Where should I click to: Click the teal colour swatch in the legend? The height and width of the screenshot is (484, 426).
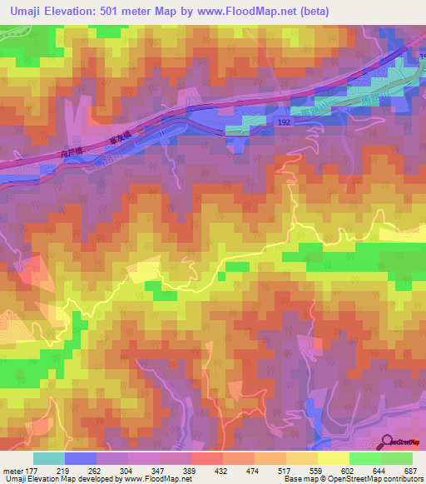point(49,458)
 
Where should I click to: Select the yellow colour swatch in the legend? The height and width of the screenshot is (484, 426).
point(333,458)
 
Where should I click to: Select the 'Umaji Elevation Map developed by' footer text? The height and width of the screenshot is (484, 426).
point(58,480)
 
